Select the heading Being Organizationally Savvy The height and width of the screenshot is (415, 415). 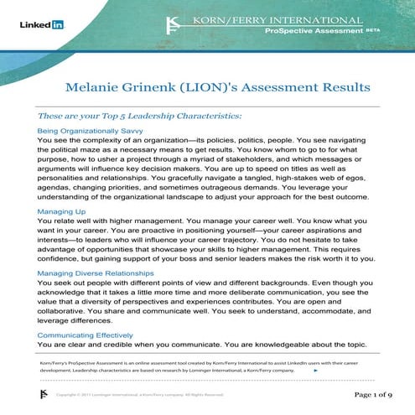[91, 132]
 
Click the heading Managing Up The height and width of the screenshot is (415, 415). [60, 212]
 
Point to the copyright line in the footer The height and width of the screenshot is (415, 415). [139, 394]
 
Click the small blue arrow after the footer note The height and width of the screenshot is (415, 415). [315, 369]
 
